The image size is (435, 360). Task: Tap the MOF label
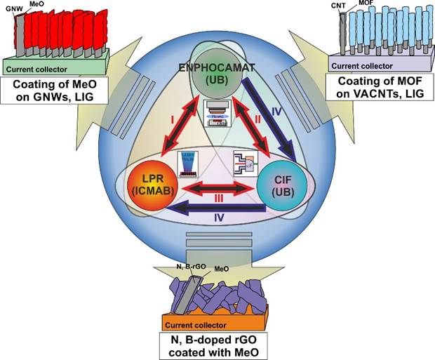(366, 7)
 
